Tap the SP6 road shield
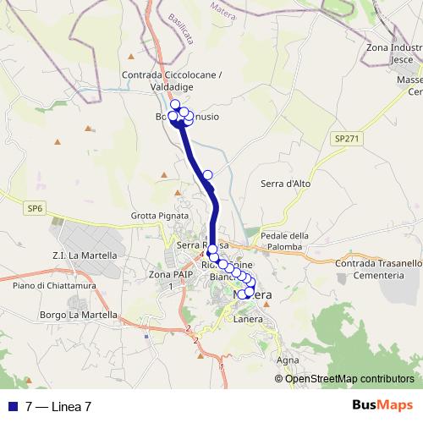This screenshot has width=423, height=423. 35,206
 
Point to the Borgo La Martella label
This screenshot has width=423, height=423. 78,315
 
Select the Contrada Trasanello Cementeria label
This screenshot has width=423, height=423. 379,269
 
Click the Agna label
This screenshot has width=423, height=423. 288,360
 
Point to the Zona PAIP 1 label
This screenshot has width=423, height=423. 165,280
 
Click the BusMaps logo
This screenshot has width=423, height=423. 382,405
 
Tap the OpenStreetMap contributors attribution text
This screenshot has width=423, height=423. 345,378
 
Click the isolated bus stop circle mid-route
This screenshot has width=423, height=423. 207,175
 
